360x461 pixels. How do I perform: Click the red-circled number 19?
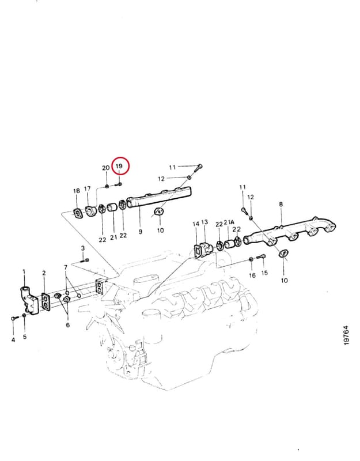(119, 166)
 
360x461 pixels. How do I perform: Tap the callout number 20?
(106, 168)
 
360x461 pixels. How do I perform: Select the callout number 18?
(77, 191)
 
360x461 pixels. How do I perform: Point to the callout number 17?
(88, 189)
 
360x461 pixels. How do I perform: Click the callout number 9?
(141, 232)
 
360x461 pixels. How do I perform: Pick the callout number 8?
(281, 204)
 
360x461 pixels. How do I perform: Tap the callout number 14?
(196, 224)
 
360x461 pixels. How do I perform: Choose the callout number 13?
(204, 222)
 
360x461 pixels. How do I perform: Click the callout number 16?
(252, 275)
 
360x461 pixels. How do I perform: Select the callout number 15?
(264, 273)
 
